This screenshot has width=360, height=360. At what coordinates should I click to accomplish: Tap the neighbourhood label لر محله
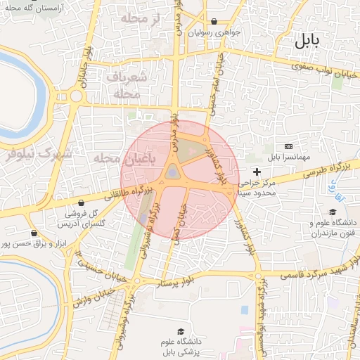(141, 18)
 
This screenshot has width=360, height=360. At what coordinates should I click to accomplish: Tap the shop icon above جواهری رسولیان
(214, 21)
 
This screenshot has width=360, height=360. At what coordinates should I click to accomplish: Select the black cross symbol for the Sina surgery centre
(257, 172)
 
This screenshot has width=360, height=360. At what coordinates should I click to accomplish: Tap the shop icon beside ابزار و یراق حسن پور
(33, 233)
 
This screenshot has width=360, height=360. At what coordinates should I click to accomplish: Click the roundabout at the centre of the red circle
(172, 172)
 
